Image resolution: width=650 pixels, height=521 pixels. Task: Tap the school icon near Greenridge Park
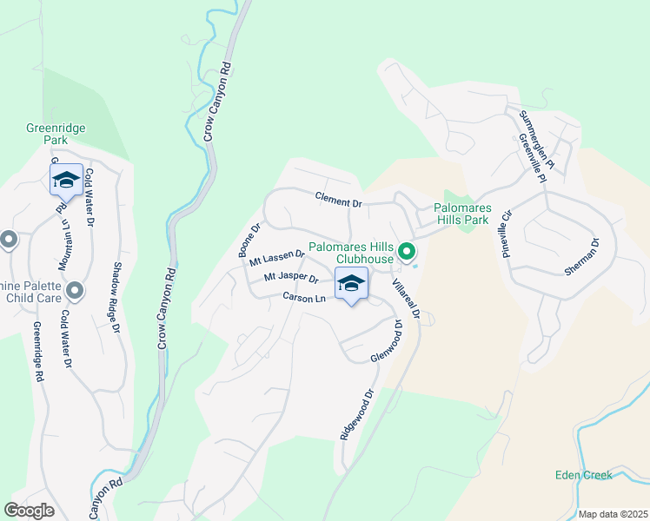(66, 181)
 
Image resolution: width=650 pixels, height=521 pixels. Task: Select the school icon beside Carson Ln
(351, 285)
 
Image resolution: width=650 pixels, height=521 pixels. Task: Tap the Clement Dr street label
(337, 201)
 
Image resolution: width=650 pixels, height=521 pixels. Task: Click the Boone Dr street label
(249, 241)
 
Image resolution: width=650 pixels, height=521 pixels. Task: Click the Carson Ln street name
(303, 298)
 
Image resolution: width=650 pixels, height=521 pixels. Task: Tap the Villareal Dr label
(406, 298)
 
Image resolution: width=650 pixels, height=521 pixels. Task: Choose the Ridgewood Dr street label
(356, 413)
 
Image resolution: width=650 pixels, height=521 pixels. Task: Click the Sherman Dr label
(582, 257)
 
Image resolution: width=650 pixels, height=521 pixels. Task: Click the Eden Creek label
(584, 475)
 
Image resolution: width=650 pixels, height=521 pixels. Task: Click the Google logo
(29, 511)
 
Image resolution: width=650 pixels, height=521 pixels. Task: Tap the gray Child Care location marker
(75, 290)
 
